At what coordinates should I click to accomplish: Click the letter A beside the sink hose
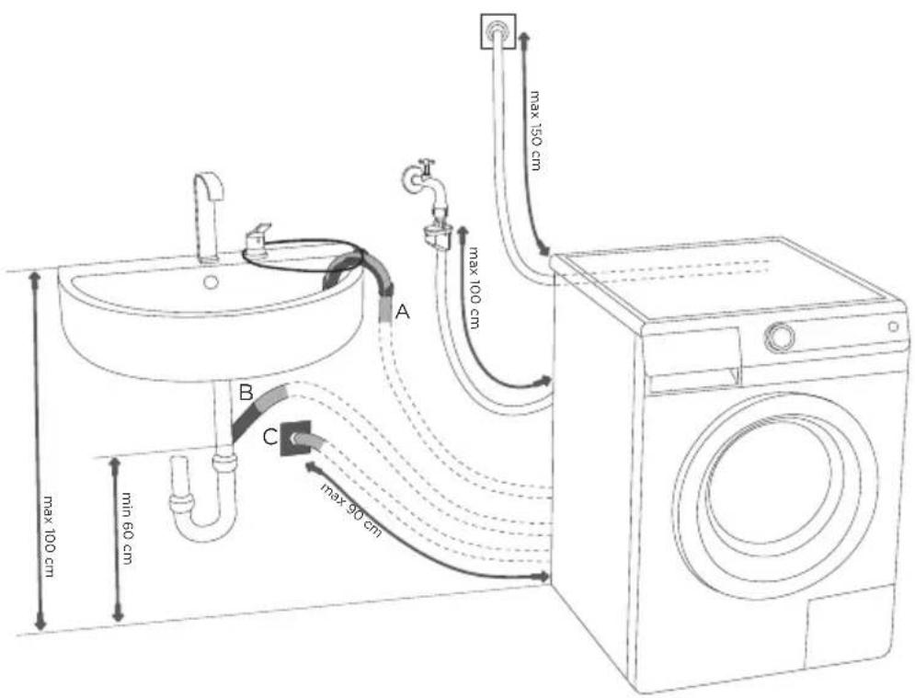403,312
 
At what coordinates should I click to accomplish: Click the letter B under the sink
246,392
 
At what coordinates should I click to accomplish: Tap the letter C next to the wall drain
270,437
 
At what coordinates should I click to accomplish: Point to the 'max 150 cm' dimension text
534,130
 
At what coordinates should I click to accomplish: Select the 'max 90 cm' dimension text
350,509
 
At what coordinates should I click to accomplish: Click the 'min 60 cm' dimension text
127,528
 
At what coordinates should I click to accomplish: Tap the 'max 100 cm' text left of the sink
49,537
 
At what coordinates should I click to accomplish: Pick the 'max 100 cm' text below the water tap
474,288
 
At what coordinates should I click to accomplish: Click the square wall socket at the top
498,31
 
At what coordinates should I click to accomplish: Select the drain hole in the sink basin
211,282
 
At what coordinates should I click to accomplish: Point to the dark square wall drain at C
294,439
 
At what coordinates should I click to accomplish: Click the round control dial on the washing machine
780,337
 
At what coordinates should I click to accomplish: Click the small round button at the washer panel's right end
894,326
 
